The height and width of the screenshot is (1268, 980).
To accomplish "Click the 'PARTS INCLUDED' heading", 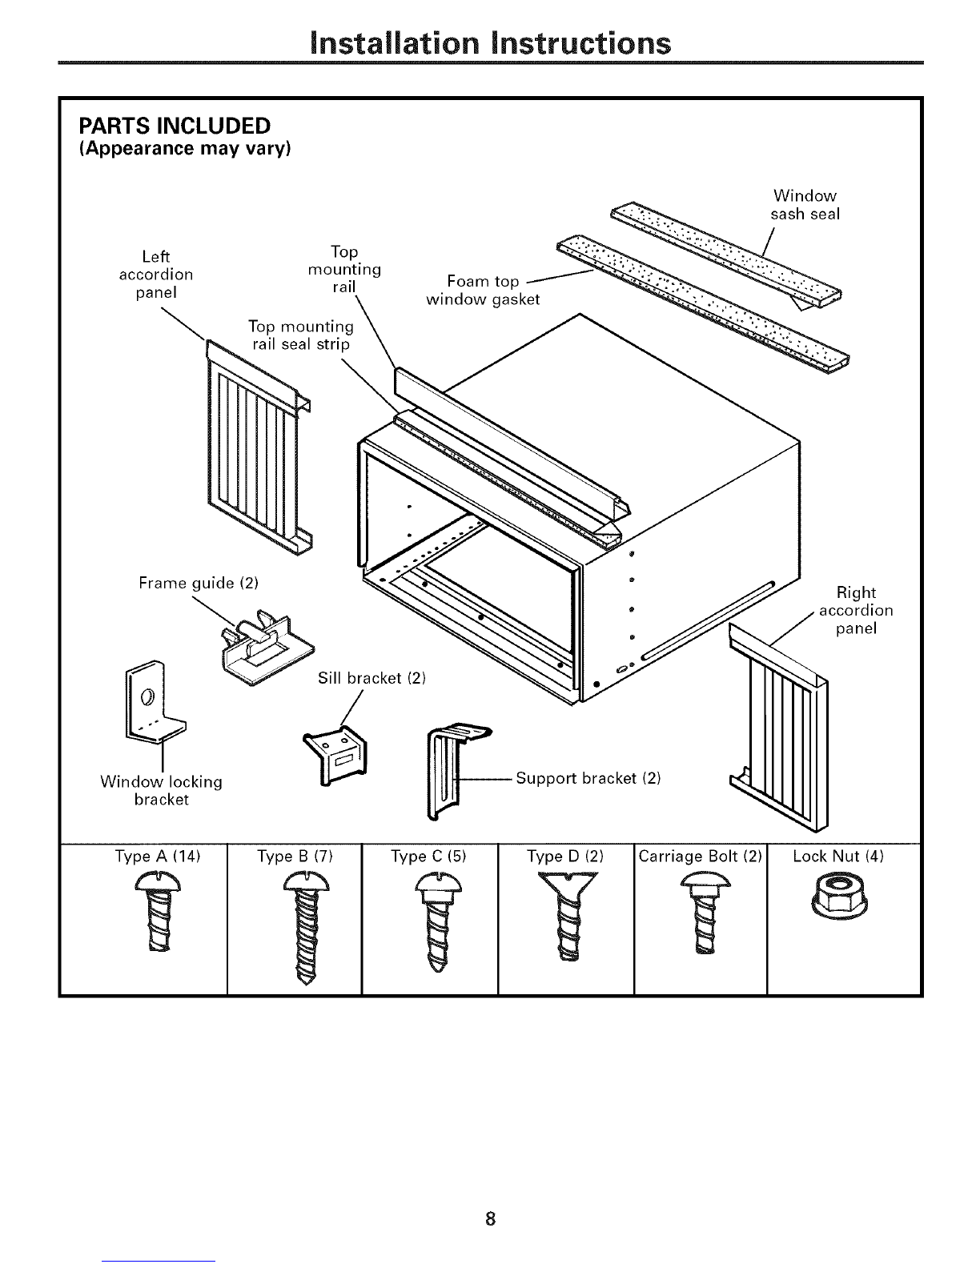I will (x=174, y=126).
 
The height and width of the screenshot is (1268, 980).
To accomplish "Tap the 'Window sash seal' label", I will (x=805, y=205).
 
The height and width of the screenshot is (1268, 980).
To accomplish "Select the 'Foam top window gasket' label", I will (x=483, y=291).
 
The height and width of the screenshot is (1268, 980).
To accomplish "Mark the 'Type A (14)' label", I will (x=157, y=857).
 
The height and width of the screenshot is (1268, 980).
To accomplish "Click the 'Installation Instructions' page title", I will (x=490, y=42).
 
